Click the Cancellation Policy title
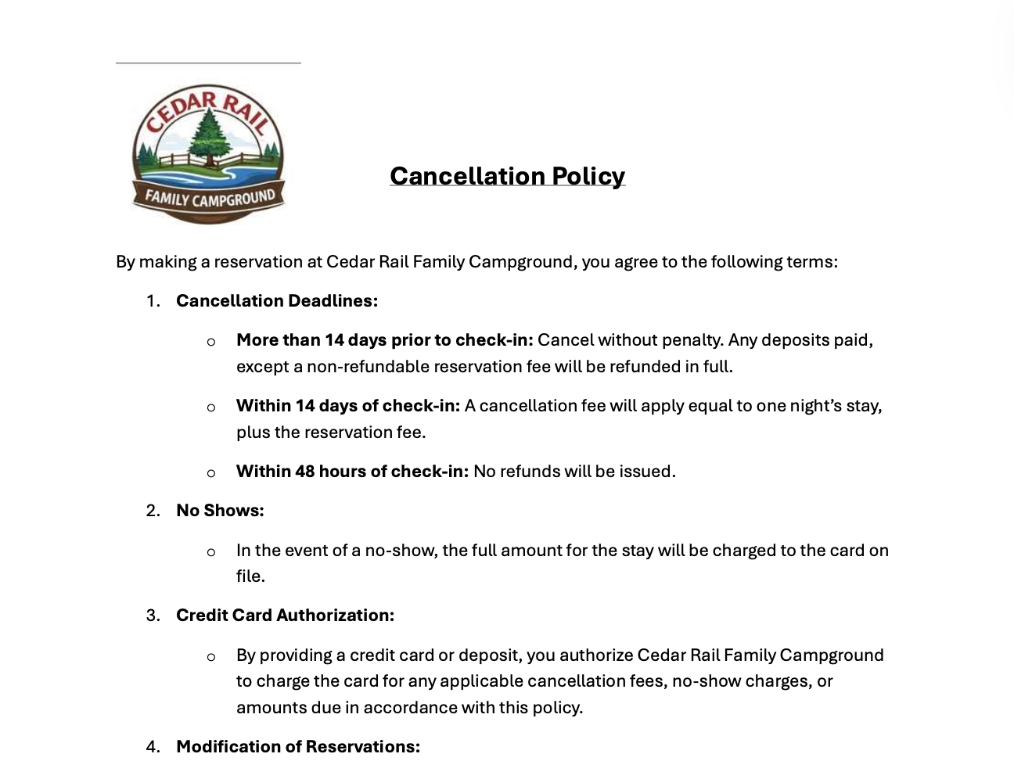[507, 176]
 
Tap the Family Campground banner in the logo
[209, 199]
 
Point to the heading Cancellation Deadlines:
[276, 301]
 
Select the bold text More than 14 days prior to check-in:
[384, 340]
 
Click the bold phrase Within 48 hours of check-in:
[352, 472]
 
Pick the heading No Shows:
[220, 511]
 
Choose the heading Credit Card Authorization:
[285, 616]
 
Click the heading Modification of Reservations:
[297, 747]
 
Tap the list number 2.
[153, 511]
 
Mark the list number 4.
[153, 747]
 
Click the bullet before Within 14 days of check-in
[211, 407]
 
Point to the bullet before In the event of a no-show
[211, 552]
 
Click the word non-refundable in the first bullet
[368, 367]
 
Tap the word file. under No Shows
[250, 576]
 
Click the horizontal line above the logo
[208, 63]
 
